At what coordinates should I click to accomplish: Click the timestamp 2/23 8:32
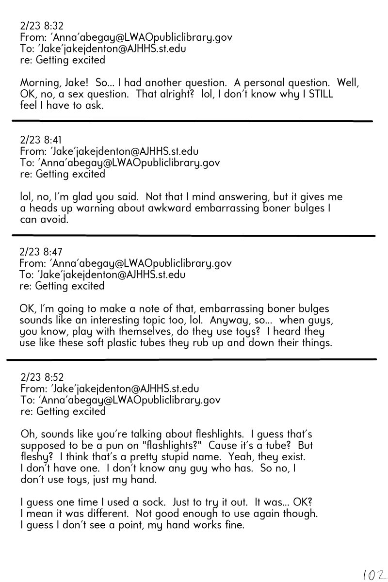(42, 26)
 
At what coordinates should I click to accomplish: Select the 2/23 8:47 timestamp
(41, 252)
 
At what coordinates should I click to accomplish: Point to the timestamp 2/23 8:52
(42, 377)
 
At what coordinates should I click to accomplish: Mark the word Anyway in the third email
(226, 320)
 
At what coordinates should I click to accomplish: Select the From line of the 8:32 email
(126, 37)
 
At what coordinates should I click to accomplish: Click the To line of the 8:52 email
(120, 400)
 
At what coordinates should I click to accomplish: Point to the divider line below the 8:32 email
(192, 121)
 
